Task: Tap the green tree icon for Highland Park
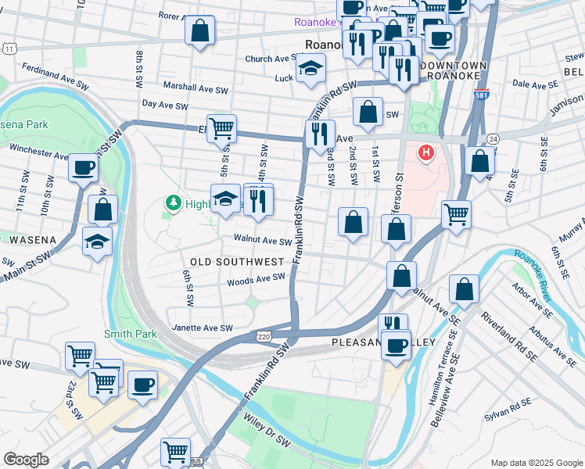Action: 173,203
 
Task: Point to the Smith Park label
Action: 131,334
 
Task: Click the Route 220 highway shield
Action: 264,335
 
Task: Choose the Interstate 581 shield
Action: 481,96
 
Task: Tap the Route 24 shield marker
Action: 491,138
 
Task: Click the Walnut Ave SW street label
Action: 262,240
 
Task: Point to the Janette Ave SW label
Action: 203,328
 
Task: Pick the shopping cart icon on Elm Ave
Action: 222,127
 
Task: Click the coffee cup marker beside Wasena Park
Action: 83,166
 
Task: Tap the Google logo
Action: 26,460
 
